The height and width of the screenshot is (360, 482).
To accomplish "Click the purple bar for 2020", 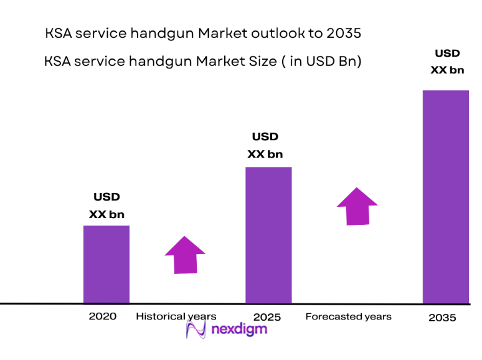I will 106,264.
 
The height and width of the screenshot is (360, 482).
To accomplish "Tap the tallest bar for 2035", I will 445,197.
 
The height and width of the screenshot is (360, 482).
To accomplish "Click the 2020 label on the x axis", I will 103,316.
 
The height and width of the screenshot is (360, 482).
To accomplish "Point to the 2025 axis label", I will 268,317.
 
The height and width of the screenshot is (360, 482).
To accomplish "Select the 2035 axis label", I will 442,317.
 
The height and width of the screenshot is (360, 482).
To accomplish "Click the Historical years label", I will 176,316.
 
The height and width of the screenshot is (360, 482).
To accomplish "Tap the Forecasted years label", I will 348,316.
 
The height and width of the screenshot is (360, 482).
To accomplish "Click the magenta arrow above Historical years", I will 185,255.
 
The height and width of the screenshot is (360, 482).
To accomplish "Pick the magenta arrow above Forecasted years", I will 357,206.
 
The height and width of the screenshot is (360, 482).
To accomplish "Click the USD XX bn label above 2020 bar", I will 106,206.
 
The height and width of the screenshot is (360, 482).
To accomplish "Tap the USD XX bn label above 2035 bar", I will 447,62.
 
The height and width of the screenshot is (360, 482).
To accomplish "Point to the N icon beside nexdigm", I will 195,329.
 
